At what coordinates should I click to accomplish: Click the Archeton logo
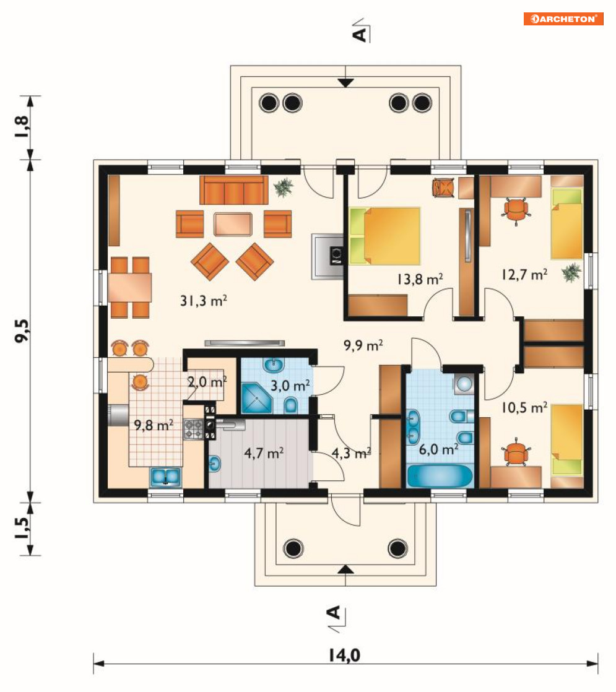563,19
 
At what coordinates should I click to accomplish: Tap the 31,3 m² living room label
204,301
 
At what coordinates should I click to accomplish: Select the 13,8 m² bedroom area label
420,279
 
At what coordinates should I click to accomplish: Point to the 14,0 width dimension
344,655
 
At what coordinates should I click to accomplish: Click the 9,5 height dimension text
22,331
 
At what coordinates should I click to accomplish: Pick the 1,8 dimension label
22,127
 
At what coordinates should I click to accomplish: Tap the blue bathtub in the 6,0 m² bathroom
440,476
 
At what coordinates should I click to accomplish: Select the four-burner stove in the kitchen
193,430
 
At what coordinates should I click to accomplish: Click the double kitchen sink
165,477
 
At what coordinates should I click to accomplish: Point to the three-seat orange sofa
233,190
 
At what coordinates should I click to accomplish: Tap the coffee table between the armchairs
233,224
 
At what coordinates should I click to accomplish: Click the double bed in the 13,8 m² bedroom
384,236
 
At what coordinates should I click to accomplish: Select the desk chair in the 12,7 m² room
516,210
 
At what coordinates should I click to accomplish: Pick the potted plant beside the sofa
284,187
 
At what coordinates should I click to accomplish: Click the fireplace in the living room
328,256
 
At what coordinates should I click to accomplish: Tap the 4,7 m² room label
264,453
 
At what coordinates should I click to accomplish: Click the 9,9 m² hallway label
363,345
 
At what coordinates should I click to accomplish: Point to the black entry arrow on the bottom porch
345,569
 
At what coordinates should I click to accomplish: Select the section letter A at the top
360,34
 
